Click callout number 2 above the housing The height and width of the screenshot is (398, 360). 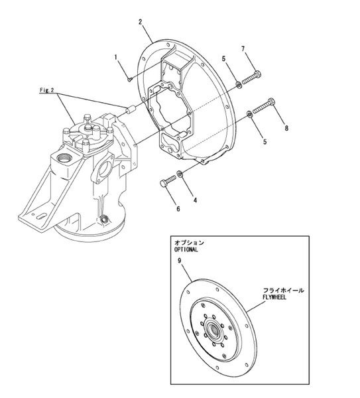[x=141, y=22]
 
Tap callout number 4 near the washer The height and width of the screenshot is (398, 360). [x=194, y=199]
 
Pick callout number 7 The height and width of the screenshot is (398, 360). [x=243, y=49]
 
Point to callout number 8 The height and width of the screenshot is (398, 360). [x=286, y=127]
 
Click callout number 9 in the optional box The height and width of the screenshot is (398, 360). [x=179, y=261]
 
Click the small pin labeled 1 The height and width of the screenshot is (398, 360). [x=130, y=79]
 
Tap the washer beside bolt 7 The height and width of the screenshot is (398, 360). [x=237, y=84]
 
